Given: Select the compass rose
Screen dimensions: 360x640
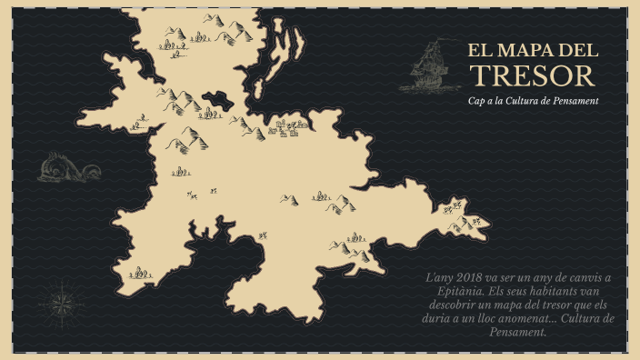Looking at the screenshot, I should (63, 301).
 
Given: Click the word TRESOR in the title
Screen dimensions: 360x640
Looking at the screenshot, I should (537, 75).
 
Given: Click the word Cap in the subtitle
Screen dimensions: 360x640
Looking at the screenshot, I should (475, 101).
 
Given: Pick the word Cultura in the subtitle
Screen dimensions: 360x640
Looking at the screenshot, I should (528, 101).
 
